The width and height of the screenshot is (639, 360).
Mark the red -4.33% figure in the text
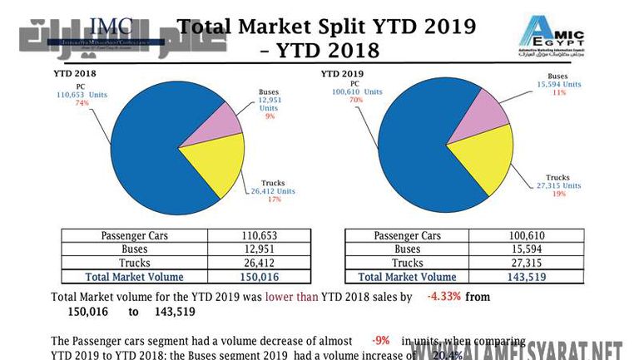coord(443,297)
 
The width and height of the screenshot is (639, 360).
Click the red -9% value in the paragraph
coord(381,341)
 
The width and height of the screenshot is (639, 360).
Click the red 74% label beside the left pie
coord(82,103)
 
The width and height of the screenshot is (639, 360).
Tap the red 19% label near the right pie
coord(558,193)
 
